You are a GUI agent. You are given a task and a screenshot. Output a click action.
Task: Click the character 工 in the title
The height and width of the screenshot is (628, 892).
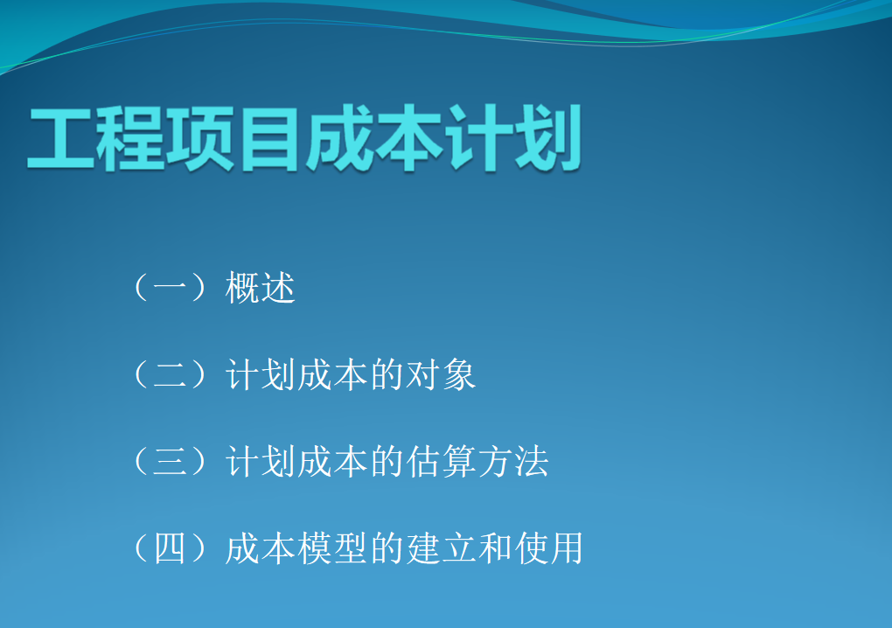pyautogui.click(x=61, y=138)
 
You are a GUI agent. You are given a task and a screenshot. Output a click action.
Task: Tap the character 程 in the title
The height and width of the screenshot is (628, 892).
pyautogui.click(x=130, y=138)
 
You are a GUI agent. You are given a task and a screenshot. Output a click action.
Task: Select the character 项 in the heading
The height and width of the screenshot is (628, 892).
pyautogui.click(x=199, y=138)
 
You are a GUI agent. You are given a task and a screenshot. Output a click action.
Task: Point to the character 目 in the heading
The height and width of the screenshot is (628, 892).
pyautogui.click(x=269, y=138)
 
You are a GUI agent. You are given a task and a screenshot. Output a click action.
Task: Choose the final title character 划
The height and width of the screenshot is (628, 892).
pyautogui.click(x=547, y=138)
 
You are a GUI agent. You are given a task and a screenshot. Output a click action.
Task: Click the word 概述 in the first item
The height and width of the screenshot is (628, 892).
pyautogui.click(x=260, y=287)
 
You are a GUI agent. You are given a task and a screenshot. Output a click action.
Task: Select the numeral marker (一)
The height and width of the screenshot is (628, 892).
pyautogui.click(x=170, y=287)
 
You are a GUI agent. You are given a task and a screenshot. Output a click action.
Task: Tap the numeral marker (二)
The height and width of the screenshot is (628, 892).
pyautogui.click(x=170, y=374)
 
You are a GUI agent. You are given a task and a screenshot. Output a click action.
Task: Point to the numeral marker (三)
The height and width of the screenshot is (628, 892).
pyautogui.click(x=170, y=461)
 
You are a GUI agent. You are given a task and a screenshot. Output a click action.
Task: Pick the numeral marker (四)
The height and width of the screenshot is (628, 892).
pyautogui.click(x=170, y=548)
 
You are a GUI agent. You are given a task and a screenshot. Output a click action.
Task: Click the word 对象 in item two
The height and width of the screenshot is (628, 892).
pyautogui.click(x=440, y=375)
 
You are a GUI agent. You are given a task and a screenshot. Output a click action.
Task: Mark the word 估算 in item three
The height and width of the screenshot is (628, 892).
pyautogui.click(x=440, y=461)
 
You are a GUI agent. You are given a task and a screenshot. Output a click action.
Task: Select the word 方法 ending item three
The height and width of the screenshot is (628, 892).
pyautogui.click(x=512, y=461)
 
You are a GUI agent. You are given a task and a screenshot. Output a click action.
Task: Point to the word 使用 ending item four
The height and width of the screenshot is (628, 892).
pyautogui.click(x=548, y=548)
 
